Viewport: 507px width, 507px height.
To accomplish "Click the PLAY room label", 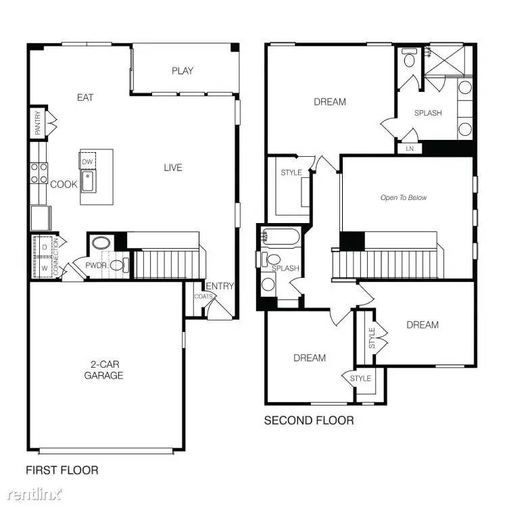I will tap(183, 71).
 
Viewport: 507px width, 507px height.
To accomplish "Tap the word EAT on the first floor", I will tap(85, 97).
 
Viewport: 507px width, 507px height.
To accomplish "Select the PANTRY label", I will tap(38, 122).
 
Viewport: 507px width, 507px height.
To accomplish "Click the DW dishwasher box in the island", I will tap(87, 162).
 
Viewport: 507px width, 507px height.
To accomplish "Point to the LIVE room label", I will tap(173, 168).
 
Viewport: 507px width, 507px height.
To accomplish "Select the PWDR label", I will tap(95, 266).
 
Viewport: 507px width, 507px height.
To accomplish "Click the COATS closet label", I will tap(203, 296).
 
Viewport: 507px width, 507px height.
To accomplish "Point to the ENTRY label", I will tap(220, 287).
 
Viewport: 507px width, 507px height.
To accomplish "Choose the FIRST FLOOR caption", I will tap(62, 470).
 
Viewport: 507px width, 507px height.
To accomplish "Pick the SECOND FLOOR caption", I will tap(308, 420).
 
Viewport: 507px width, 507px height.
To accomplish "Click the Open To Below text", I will tap(404, 198).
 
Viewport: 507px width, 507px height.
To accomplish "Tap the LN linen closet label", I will tap(410, 148).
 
